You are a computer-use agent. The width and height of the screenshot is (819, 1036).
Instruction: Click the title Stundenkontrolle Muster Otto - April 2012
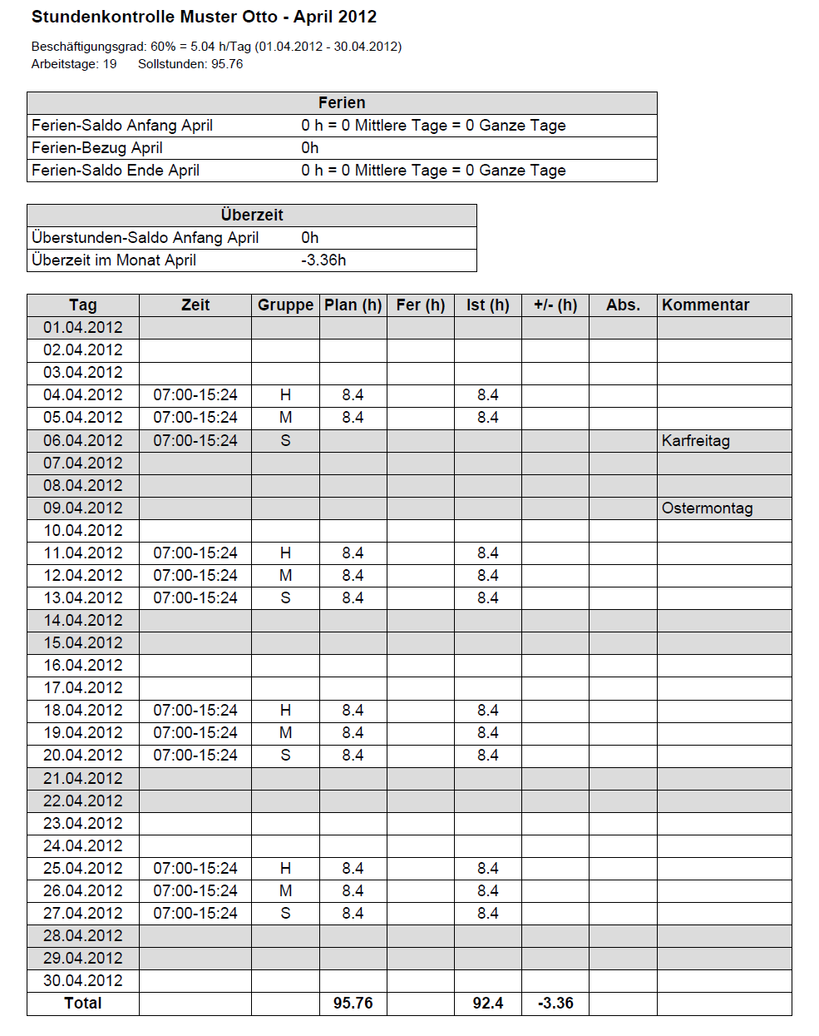click(204, 17)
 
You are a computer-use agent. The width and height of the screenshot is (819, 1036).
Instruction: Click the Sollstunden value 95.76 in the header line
click(227, 64)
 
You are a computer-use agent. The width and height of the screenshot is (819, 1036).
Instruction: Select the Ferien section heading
click(342, 102)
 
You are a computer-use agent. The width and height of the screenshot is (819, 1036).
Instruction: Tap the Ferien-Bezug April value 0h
click(310, 147)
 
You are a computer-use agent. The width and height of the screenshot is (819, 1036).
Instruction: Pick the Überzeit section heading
click(252, 215)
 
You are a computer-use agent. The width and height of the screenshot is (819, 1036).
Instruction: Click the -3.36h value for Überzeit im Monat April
click(323, 260)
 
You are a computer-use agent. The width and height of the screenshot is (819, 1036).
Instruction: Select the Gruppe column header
click(285, 305)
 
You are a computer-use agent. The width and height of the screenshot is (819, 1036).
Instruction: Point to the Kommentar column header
click(705, 305)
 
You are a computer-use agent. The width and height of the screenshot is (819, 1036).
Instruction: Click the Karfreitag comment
click(695, 440)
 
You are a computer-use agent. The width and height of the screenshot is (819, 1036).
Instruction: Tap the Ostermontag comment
click(707, 508)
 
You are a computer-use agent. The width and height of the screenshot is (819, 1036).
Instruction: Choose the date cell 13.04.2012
click(83, 597)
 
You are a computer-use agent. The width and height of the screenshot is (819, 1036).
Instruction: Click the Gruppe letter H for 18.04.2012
click(285, 710)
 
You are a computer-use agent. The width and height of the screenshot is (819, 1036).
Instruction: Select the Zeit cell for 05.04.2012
click(195, 417)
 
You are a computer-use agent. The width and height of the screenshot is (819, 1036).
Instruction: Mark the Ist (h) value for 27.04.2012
click(488, 913)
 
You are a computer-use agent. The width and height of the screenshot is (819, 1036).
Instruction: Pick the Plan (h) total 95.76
click(353, 1003)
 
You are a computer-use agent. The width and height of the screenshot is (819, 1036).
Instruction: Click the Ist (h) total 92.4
click(488, 1003)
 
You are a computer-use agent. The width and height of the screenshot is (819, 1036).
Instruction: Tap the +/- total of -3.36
click(555, 1003)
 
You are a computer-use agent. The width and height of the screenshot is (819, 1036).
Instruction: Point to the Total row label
click(83, 1003)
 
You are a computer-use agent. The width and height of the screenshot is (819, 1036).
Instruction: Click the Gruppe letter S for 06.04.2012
click(285, 440)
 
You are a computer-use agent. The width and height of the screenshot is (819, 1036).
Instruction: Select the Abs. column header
click(623, 305)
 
